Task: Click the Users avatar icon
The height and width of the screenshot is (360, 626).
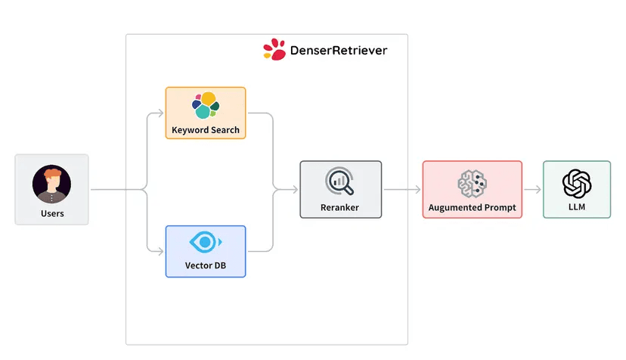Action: [x=51, y=185]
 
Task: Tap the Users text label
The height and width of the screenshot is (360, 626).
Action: [x=51, y=214]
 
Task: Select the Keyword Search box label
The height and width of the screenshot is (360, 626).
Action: [x=206, y=130]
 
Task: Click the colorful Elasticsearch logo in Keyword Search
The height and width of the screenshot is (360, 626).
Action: [x=205, y=106]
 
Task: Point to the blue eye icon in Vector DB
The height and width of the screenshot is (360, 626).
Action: [x=205, y=243]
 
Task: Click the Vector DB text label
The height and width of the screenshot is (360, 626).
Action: [x=206, y=266]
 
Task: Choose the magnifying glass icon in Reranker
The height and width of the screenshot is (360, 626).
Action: [x=340, y=182]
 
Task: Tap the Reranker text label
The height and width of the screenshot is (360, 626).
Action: [x=340, y=207]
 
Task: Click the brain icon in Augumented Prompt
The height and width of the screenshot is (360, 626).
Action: [x=472, y=182]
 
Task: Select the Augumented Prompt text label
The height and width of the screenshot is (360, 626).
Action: [x=472, y=207]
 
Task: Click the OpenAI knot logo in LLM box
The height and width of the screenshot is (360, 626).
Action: [x=576, y=182]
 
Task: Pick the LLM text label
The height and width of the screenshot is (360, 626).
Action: [x=576, y=207]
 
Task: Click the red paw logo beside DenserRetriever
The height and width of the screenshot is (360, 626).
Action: [x=274, y=50]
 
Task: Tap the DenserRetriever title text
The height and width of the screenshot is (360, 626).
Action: [x=339, y=51]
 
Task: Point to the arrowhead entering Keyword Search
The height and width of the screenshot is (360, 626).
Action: [x=160, y=113]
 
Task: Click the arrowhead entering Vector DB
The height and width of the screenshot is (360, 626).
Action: [x=160, y=251]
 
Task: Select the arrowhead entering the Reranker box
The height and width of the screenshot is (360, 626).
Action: [x=295, y=190]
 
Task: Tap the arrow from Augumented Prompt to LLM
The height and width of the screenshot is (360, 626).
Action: [x=532, y=190]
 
